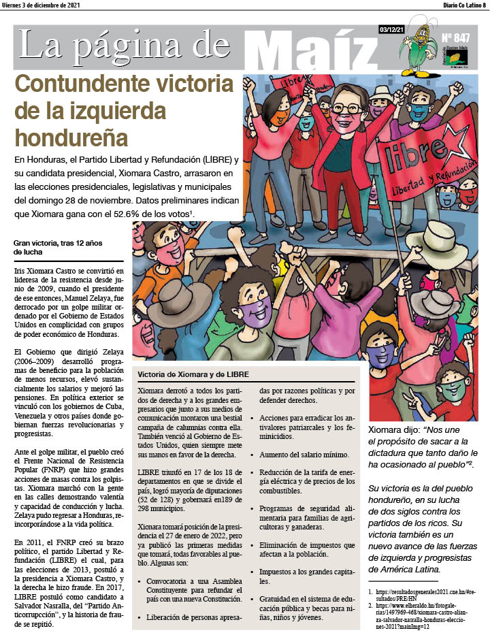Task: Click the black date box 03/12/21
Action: coord(393,29)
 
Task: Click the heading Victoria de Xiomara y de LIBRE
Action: coord(193,375)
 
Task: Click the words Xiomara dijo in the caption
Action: coord(392,430)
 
